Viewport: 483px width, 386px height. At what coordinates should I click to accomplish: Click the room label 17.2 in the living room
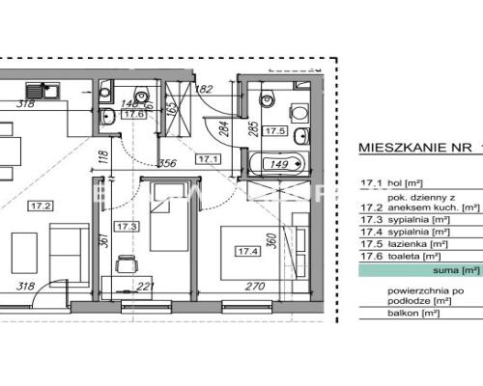(x=41, y=206)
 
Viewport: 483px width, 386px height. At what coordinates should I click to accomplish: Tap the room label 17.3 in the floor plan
(x=127, y=227)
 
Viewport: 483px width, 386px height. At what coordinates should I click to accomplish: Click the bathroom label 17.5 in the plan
(x=275, y=130)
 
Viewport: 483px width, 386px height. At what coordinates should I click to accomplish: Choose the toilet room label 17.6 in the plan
(x=136, y=114)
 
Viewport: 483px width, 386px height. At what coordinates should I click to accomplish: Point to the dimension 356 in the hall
(x=167, y=163)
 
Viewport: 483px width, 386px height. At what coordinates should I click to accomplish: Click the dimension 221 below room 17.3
(x=144, y=287)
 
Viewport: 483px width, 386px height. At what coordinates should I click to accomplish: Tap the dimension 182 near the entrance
(x=203, y=90)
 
